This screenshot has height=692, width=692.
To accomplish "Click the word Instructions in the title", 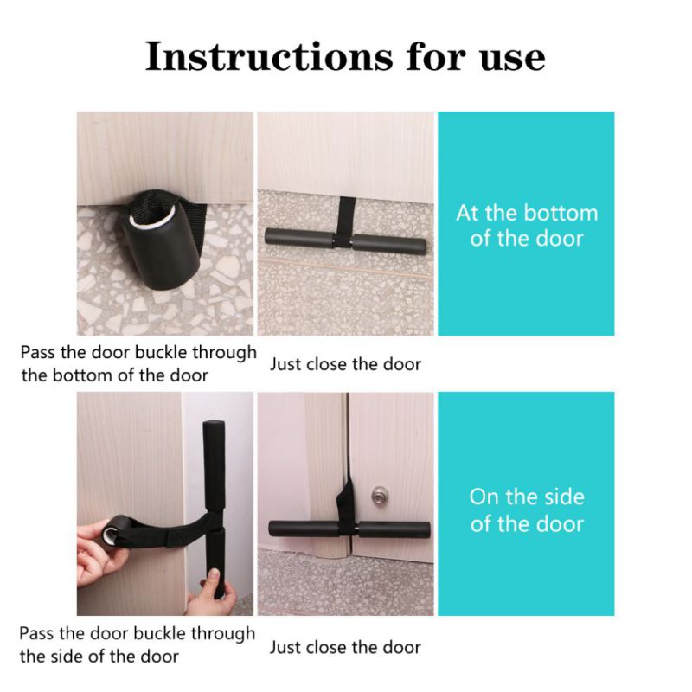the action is (268, 56).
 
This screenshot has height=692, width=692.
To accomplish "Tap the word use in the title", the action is (512, 60).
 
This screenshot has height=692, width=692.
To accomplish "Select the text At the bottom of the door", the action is (527, 226).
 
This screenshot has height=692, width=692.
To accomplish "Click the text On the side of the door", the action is (527, 510).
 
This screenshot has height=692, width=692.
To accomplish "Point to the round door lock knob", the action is (379, 495).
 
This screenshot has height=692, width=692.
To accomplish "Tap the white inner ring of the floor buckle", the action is (150, 219).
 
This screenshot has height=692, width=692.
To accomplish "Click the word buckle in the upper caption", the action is (161, 353).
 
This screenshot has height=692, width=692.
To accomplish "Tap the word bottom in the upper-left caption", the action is (82, 375).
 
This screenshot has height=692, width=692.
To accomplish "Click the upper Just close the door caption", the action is (345, 364).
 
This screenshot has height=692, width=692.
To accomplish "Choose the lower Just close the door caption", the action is (345, 647).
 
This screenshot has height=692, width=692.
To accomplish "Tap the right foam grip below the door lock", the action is (394, 529).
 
